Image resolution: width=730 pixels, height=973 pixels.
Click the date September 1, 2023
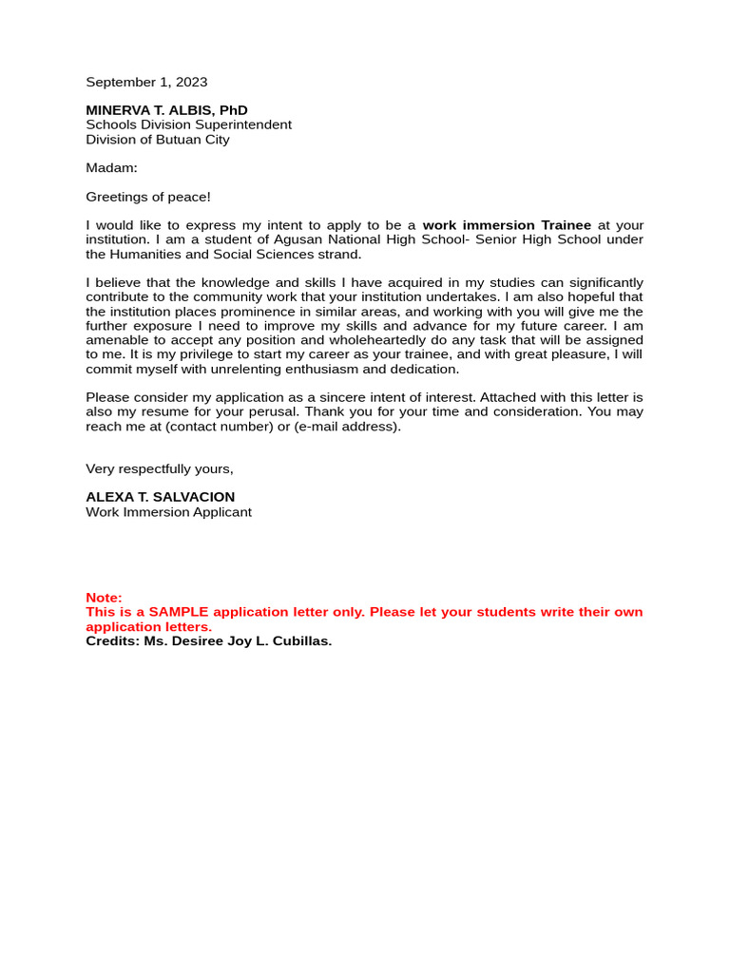[146, 83]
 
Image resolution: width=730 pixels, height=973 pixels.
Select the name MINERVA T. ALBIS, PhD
[166, 110]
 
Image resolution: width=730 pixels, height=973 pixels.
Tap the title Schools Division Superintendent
[188, 124]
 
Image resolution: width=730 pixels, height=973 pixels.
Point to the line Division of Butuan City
[157, 140]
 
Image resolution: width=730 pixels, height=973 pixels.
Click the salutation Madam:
[111, 168]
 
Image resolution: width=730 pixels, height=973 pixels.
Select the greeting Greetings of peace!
[148, 197]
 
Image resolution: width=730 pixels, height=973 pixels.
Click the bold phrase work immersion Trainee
[507, 225]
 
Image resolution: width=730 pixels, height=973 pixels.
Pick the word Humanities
[148, 255]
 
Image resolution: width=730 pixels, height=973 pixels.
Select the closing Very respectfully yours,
[159, 468]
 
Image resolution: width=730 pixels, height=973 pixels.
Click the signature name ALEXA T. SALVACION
[160, 497]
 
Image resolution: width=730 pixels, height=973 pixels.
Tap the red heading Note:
[104, 598]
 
